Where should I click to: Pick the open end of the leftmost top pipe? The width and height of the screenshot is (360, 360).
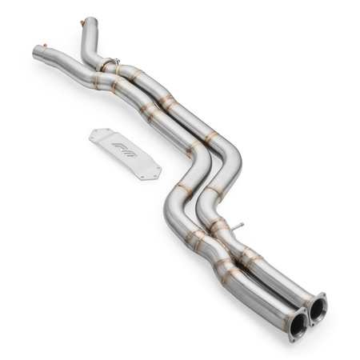36,54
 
